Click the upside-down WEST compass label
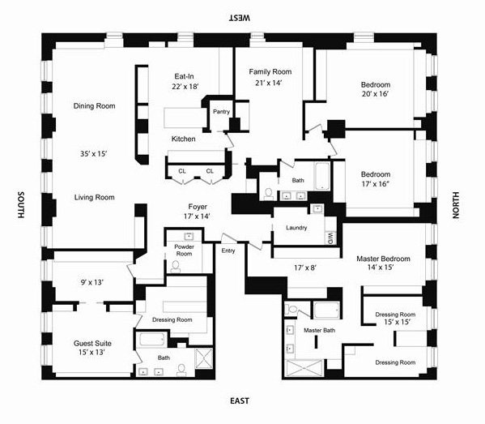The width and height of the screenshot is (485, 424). [240, 18]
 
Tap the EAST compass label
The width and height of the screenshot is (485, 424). [240, 401]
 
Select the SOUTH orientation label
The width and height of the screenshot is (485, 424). [21, 205]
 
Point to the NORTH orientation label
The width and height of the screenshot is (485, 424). [456, 205]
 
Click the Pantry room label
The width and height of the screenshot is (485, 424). [222, 112]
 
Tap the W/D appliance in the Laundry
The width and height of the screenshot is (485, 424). [330, 238]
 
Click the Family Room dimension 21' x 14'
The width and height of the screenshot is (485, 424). [269, 83]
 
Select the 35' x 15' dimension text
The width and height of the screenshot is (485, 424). [94, 153]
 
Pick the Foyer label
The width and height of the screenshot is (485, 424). [198, 207]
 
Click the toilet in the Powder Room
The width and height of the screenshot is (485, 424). [176, 267]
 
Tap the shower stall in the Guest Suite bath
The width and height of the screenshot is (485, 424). [204, 358]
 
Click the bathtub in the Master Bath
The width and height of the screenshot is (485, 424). [326, 310]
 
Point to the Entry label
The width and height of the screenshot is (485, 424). [228, 251]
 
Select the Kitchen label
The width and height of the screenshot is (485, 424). [184, 139]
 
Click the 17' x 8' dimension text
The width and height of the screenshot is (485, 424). [305, 268]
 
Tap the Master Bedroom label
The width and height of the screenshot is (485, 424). [383, 259]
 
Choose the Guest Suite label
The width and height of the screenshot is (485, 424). [92, 343]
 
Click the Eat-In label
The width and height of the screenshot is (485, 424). [184, 76]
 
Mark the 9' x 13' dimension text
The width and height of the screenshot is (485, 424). [91, 282]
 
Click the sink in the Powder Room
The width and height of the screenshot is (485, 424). [189, 236]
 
